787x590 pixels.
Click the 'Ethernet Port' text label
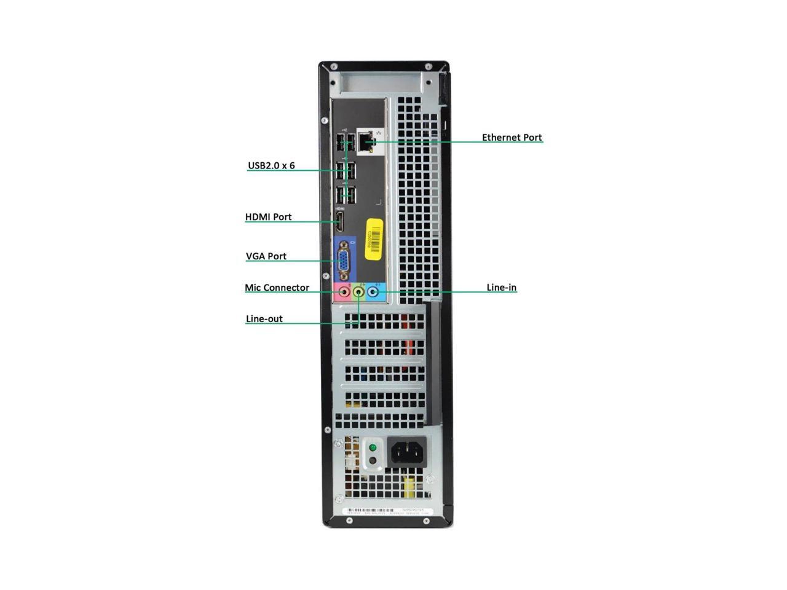click(x=512, y=138)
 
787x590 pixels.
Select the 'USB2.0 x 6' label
click(x=271, y=165)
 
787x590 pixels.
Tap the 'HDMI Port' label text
click(x=268, y=217)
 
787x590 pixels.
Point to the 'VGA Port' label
click(x=266, y=256)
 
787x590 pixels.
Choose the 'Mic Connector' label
click(x=277, y=288)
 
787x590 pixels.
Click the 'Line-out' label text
click(x=264, y=319)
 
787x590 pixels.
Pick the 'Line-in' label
click(x=501, y=287)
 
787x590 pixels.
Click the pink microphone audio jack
click(x=343, y=293)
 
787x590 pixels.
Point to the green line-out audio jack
click(x=358, y=293)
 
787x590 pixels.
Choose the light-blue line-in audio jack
click(x=373, y=293)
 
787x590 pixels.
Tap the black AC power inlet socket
click(x=407, y=453)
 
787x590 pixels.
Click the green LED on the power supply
click(x=371, y=447)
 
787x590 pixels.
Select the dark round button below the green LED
click(x=371, y=460)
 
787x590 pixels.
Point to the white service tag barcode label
click(x=387, y=511)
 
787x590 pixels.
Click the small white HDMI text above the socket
click(x=340, y=209)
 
